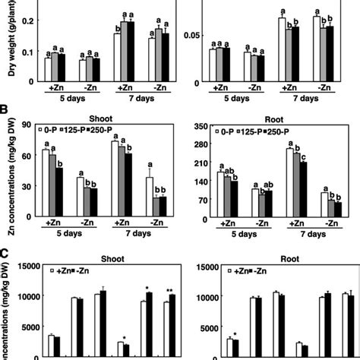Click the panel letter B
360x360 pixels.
5,119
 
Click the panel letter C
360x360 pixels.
5,255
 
